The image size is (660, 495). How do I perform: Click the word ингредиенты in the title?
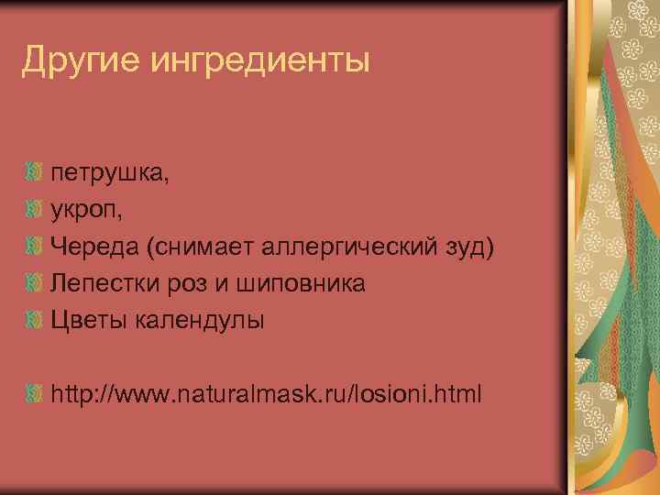click(259, 62)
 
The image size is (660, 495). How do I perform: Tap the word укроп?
click(87, 210)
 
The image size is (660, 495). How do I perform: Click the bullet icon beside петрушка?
click(34, 172)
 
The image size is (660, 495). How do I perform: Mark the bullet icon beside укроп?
click(34, 209)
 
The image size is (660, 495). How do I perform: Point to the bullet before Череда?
click(34, 246)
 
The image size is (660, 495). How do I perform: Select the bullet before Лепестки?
click(34, 282)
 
